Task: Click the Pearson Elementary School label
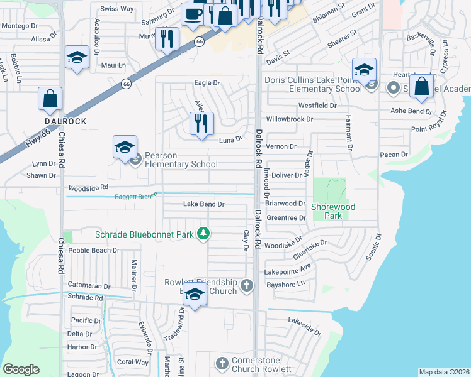pos(182,160)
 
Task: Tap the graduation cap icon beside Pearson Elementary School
pos(125,148)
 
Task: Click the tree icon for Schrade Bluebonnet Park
pos(203,234)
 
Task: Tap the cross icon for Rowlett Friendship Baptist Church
pos(246,286)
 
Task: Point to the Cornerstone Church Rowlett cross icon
pos(221,364)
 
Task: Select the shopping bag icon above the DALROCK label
pos(50,99)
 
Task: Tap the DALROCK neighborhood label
pos(65,121)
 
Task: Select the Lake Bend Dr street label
pos(203,204)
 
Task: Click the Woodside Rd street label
pos(88,187)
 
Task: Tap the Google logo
pos(21,369)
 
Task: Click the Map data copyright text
pos(444,372)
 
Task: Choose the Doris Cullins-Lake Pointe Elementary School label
pos(312,84)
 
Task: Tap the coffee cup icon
pos(193,13)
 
